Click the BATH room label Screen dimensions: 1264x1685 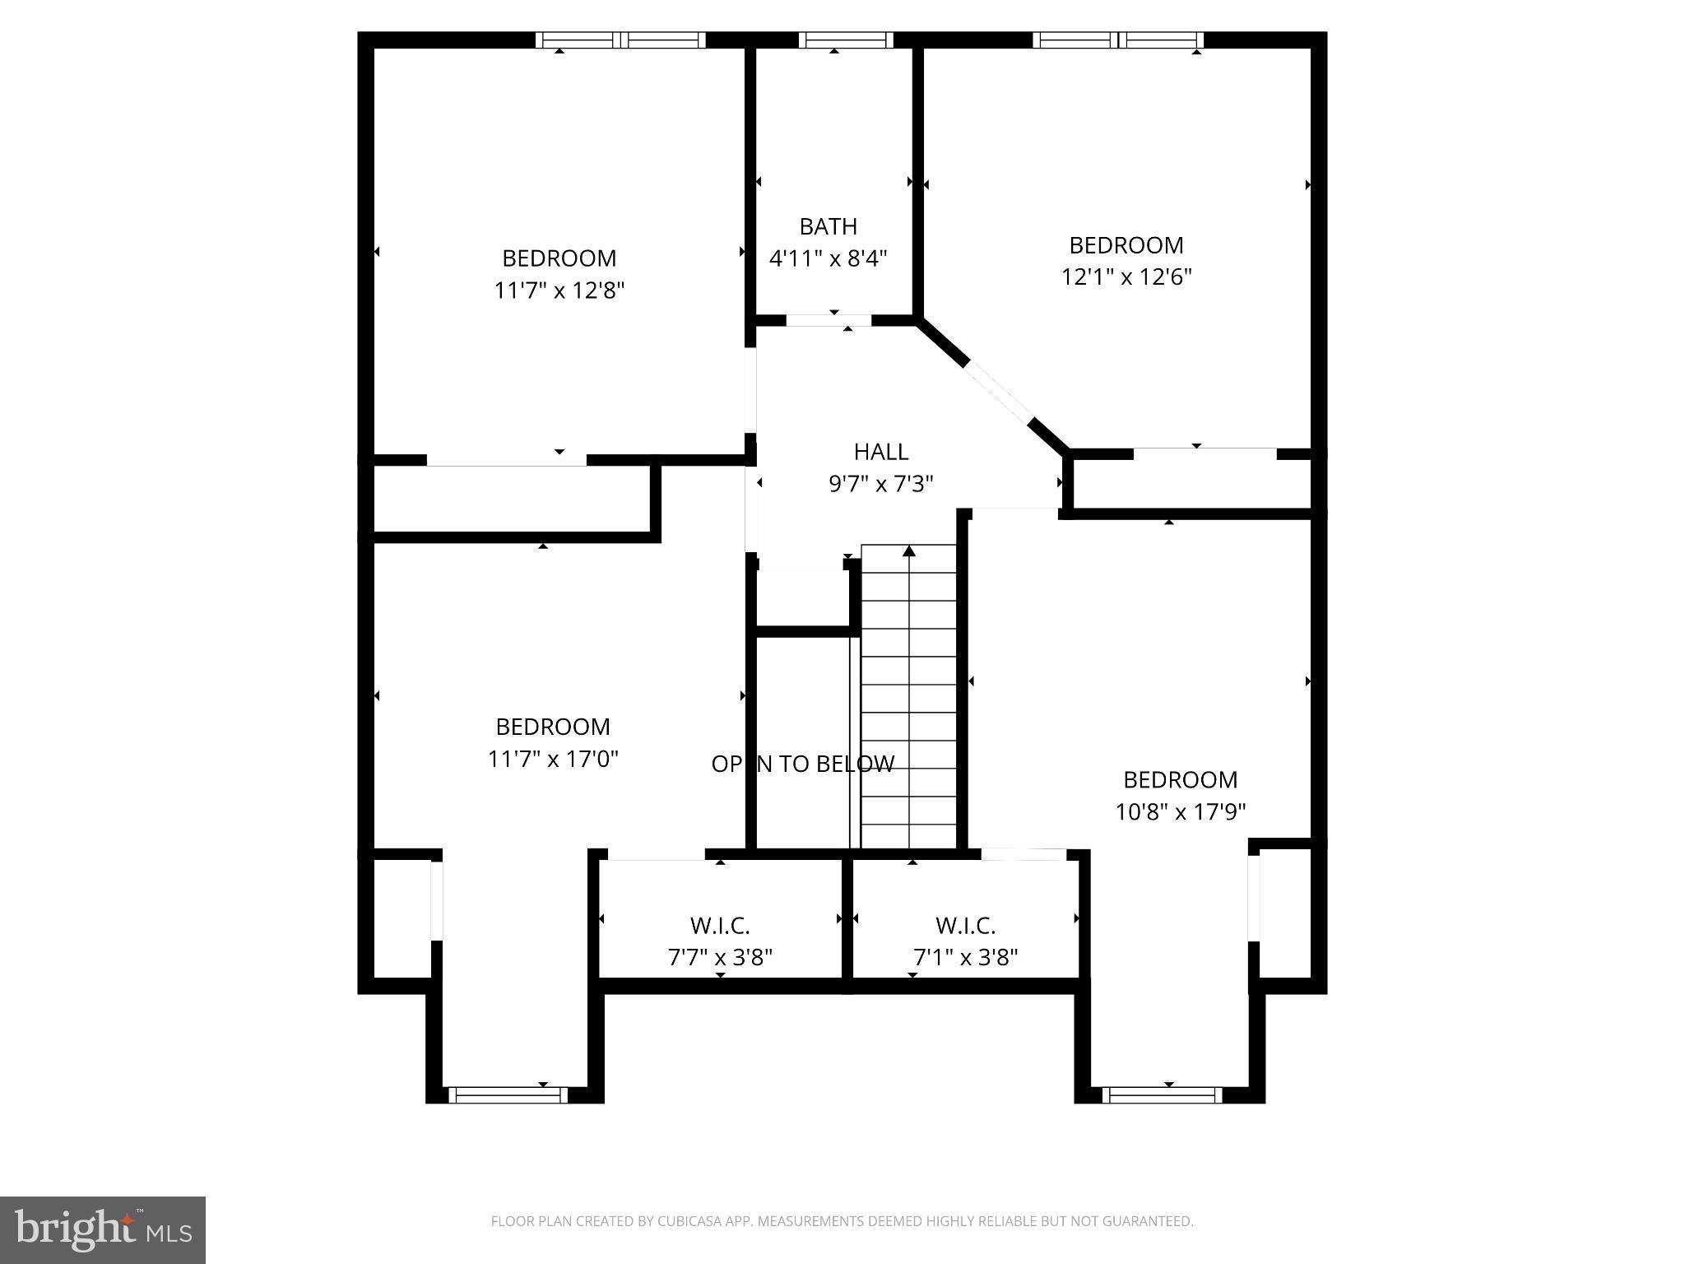tap(828, 226)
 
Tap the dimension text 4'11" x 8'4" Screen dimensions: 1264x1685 tap(828, 259)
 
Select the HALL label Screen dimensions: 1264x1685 tap(880, 452)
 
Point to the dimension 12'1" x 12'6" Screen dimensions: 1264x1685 tap(1126, 277)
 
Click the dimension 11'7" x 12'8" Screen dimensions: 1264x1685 tap(559, 290)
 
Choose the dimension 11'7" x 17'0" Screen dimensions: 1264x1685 tap(553, 759)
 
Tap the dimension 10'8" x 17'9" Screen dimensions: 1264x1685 tap(1180, 812)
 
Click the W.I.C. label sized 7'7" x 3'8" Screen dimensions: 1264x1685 tap(720, 926)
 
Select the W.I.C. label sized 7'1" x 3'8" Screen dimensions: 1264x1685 tap(965, 926)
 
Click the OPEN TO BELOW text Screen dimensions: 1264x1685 tap(802, 764)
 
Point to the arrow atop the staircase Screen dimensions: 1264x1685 tap(908, 551)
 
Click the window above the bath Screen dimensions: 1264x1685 tap(845, 40)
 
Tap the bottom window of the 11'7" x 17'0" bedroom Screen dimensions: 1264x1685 tap(507, 1094)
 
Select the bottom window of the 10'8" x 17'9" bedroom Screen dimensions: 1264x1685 tap(1161, 1094)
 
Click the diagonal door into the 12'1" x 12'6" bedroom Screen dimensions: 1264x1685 tap(999, 391)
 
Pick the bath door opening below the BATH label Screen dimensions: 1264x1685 tap(829, 321)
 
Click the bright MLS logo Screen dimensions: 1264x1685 tap(102, 1229)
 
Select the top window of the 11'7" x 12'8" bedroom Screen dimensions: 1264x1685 tap(620, 40)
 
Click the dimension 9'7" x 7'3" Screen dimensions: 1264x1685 tap(880, 484)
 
